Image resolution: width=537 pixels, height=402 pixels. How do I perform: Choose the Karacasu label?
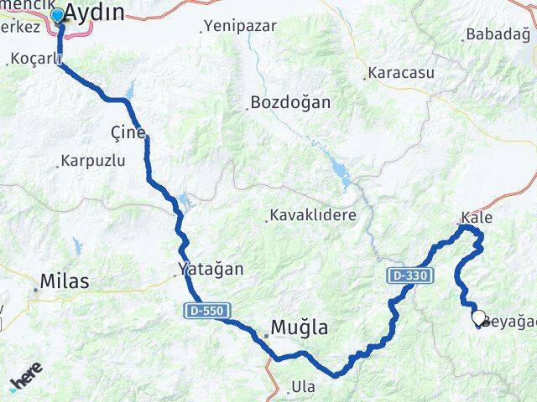(404, 73)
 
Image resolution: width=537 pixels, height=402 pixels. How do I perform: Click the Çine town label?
(128, 133)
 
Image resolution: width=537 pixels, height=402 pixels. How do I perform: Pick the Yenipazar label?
(240, 28)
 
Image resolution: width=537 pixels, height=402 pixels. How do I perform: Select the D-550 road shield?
(204, 311)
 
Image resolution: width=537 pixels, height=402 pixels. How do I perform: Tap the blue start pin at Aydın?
(57, 15)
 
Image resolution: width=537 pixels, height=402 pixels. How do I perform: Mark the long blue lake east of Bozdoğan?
(342, 175)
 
